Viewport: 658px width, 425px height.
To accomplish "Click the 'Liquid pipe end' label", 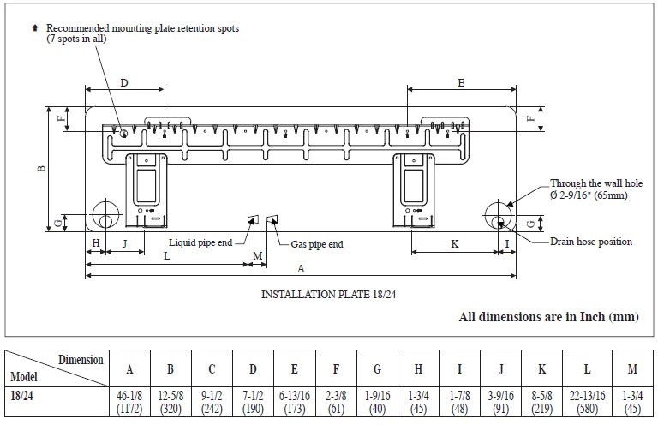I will [200, 242].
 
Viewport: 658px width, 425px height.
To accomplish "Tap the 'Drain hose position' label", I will [591, 242].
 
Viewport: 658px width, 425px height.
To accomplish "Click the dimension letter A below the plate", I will [300, 268].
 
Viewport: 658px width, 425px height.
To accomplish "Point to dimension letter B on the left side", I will [40, 169].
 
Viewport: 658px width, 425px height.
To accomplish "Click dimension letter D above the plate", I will [124, 83].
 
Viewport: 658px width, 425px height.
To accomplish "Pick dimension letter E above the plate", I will [461, 83].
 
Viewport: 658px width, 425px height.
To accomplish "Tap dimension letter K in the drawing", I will [454, 244].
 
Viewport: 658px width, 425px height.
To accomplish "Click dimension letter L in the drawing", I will [166, 256].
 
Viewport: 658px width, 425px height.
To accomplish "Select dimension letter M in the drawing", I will [258, 256].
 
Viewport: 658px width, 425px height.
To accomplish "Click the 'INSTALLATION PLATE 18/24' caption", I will [328, 294].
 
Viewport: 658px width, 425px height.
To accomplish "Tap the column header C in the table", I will [212, 369].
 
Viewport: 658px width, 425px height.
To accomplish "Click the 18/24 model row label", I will [23, 395].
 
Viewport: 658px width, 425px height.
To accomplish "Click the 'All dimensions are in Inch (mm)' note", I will [548, 317].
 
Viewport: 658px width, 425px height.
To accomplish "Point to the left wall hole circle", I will [104, 214].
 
